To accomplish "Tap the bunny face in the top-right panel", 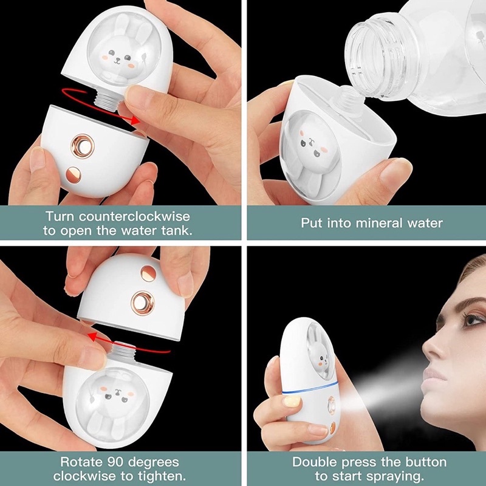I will pyautogui.click(x=310, y=146).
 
